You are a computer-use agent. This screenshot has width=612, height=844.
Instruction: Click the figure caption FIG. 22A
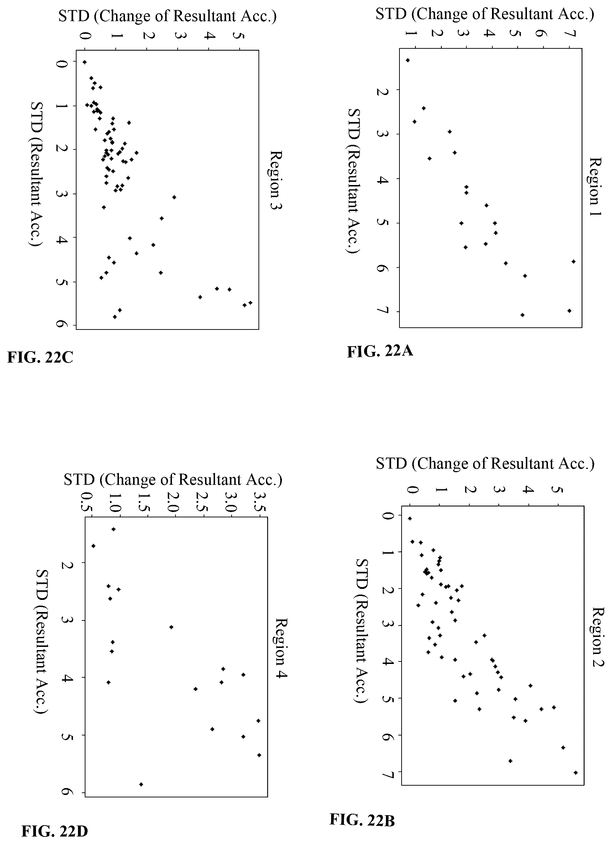[380, 351]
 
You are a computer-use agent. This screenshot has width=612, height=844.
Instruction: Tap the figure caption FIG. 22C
[40, 357]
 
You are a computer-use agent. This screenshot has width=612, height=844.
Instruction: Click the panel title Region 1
[596, 181]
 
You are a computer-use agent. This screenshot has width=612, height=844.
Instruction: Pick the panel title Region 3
[276, 180]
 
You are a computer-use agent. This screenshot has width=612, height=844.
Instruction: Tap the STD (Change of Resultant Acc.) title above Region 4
[173, 480]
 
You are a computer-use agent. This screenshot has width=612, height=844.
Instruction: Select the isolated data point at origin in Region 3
[85, 62]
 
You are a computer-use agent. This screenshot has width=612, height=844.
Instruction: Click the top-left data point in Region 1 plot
[408, 60]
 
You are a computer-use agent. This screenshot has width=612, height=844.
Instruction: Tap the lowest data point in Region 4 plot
[141, 785]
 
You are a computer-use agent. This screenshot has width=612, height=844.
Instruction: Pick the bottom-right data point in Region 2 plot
[576, 772]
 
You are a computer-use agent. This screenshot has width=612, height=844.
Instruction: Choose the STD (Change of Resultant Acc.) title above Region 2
[485, 464]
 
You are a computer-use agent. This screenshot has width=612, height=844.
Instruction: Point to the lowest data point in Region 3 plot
[115, 317]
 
